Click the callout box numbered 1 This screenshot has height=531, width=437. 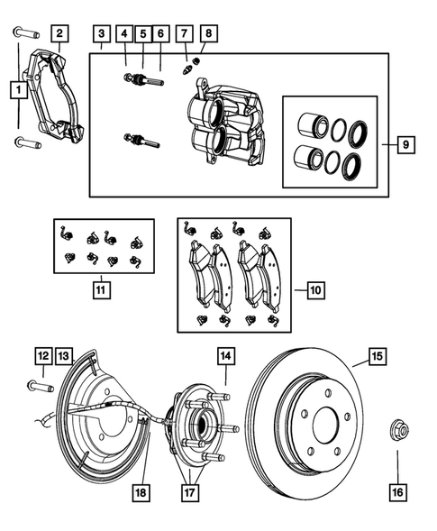[x=17, y=90]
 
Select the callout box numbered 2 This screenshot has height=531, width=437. [x=59, y=35]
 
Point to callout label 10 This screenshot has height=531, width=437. [x=314, y=291]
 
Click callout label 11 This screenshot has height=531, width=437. [x=101, y=290]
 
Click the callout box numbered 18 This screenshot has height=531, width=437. [x=141, y=492]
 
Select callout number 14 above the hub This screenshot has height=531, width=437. [x=224, y=357]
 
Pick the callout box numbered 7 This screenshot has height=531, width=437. [x=185, y=35]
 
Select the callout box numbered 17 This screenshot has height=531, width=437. [x=190, y=492]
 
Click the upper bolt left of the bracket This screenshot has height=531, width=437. [x=23, y=35]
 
